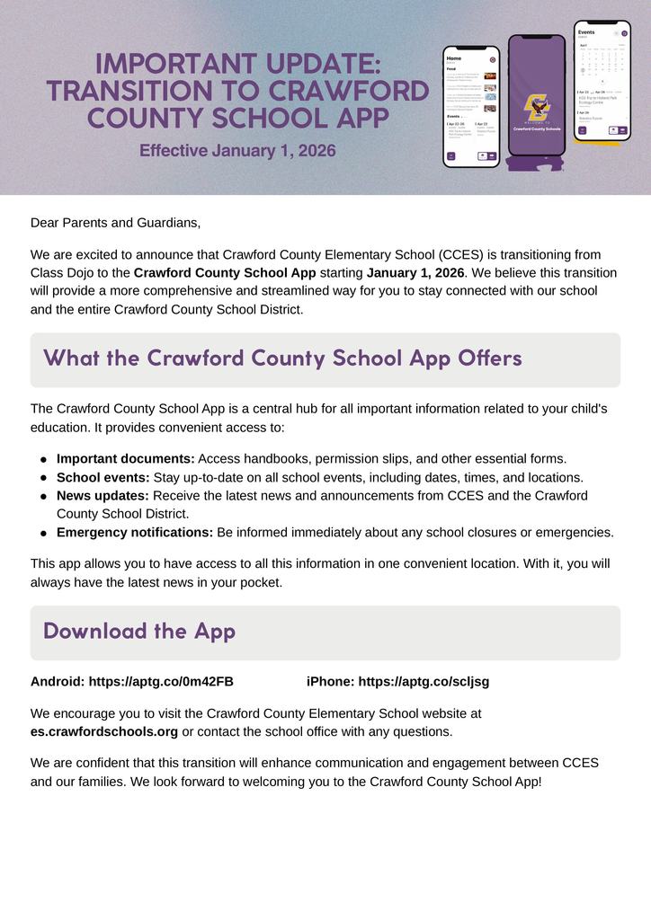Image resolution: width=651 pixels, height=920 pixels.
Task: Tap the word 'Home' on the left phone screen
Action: pyautogui.click(x=454, y=57)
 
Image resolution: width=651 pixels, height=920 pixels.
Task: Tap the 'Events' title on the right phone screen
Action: pyautogui.click(x=586, y=32)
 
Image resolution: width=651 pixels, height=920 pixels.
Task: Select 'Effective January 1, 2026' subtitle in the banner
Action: pyautogui.click(x=237, y=150)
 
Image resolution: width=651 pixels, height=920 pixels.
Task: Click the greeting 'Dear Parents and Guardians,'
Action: pyautogui.click(x=116, y=222)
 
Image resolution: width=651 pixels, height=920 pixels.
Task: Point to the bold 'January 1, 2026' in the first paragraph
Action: pyautogui.click(x=415, y=272)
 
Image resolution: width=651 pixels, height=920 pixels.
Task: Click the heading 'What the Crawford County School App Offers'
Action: pyautogui.click(x=282, y=358)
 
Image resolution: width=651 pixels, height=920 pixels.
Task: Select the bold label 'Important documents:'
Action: pyautogui.click(x=126, y=458)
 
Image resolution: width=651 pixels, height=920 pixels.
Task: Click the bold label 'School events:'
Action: pyautogui.click(x=103, y=477)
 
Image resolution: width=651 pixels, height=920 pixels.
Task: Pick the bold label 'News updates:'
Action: pyautogui.click(x=103, y=495)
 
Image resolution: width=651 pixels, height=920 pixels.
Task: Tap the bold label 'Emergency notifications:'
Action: pyautogui.click(x=135, y=532)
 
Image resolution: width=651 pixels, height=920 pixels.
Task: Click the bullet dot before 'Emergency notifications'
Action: pyautogui.click(x=43, y=533)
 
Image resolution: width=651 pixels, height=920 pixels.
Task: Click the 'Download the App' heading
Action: pyautogui.click(x=139, y=631)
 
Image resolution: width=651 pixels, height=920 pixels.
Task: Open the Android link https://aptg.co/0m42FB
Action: pyautogui.click(x=161, y=681)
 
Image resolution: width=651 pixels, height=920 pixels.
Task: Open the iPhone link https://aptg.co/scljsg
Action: pyautogui.click(x=424, y=681)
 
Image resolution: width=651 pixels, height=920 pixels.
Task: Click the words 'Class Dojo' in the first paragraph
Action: pyautogui.click(x=63, y=272)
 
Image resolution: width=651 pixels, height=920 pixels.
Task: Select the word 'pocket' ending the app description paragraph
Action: pyautogui.click(x=259, y=582)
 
